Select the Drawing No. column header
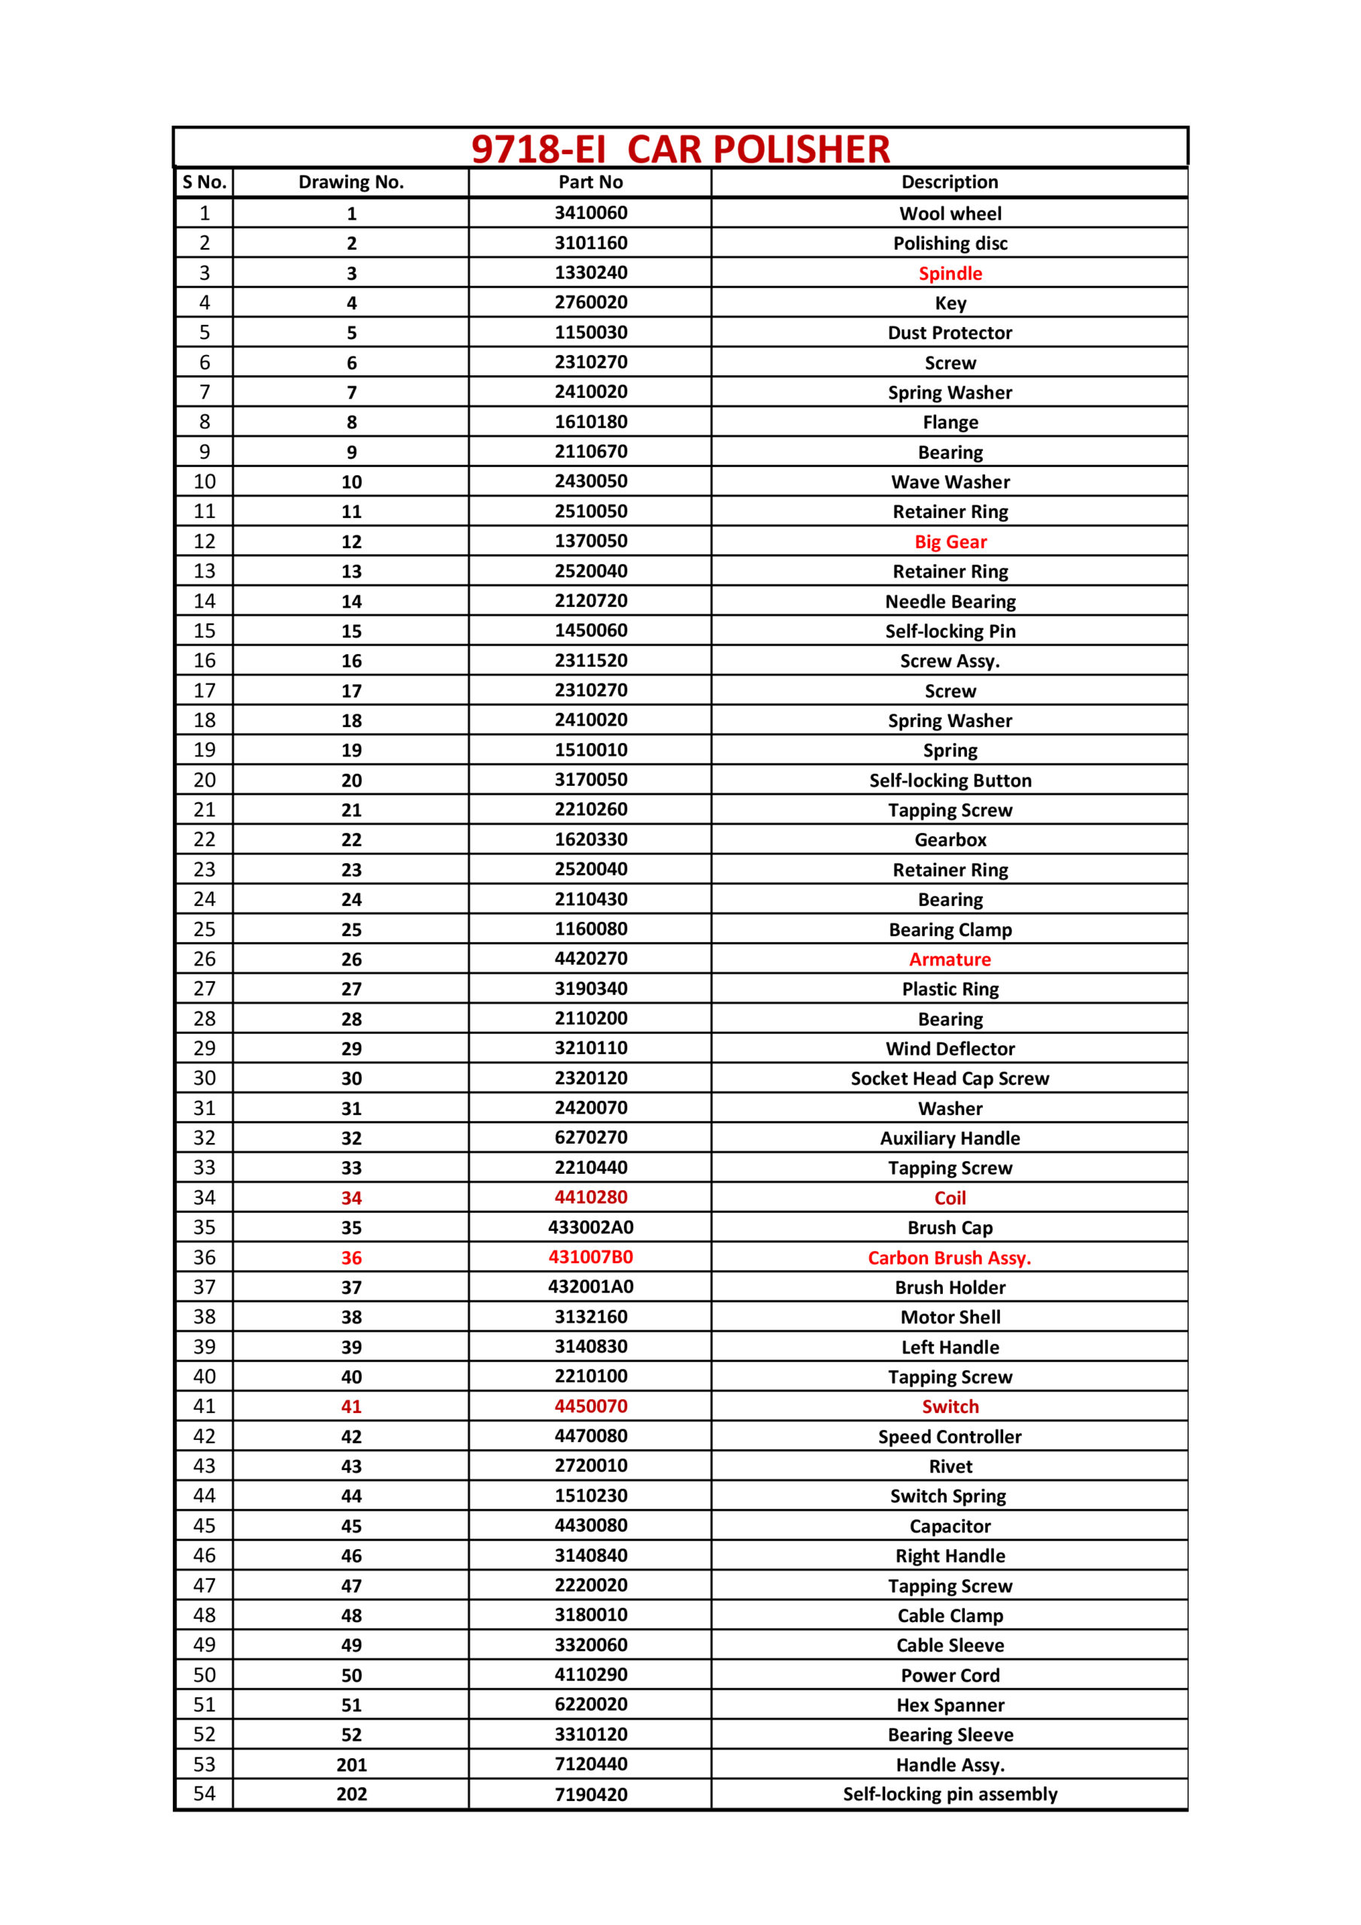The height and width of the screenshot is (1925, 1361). pyautogui.click(x=350, y=182)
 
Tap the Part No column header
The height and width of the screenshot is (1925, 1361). pyautogui.click(x=590, y=182)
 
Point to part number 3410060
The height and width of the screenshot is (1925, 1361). pyautogui.click(x=590, y=213)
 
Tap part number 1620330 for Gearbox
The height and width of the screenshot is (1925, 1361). pyautogui.click(x=590, y=839)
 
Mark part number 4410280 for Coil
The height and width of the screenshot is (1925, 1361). pyautogui.click(x=590, y=1197)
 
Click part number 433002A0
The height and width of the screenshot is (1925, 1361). pyautogui.click(x=590, y=1227)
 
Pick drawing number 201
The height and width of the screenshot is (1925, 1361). pyautogui.click(x=351, y=1764)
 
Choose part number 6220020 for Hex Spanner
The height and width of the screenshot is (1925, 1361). pyautogui.click(x=590, y=1704)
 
